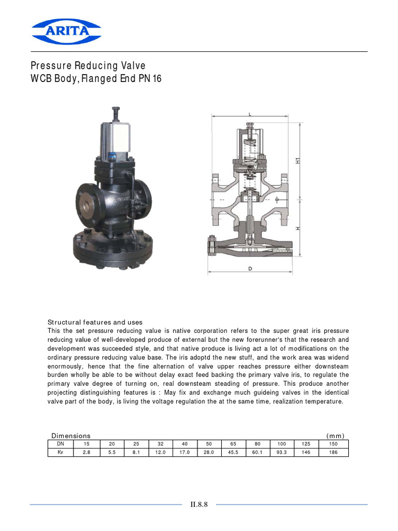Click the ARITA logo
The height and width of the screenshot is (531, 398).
66,31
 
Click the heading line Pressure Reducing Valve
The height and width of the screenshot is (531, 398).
88,66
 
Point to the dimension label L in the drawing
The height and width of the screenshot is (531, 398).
250,113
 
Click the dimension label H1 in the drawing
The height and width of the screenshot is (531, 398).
297,161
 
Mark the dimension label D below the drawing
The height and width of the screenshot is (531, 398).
250,268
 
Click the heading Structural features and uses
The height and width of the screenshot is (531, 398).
95,322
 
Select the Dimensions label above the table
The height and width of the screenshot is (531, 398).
71,436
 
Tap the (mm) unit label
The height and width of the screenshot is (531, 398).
335,436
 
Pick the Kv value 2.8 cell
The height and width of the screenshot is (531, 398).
87,452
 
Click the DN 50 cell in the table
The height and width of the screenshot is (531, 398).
209,444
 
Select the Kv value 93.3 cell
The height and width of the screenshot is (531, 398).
281,452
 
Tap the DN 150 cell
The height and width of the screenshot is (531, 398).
333,444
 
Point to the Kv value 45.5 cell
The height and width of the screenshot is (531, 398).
233,452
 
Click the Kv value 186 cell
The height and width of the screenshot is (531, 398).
333,452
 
